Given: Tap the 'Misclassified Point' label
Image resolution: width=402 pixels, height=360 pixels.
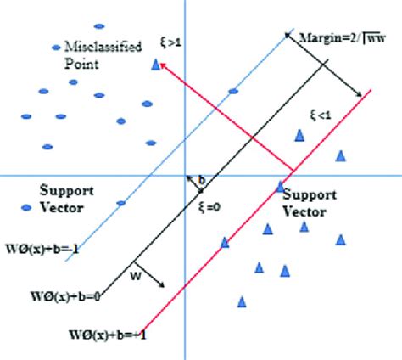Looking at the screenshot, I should coord(96,54).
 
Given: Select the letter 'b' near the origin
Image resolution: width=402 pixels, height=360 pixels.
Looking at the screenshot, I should coord(202,181).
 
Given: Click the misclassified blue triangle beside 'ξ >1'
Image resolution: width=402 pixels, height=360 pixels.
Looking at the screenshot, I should coord(154,64).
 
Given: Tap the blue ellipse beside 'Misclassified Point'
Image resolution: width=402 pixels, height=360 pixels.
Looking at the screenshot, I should coord(58,47).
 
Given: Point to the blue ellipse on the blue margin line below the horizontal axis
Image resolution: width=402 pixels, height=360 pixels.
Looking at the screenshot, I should coord(121,202).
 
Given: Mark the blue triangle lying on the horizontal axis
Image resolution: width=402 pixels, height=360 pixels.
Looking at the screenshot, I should coord(281,184).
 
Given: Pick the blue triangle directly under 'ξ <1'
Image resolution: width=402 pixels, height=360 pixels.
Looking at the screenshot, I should coord(299,134).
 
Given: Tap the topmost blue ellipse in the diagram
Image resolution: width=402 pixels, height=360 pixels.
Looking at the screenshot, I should coord(99,26).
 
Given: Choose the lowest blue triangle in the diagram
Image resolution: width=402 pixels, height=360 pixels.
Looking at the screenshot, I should coord(243,301).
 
